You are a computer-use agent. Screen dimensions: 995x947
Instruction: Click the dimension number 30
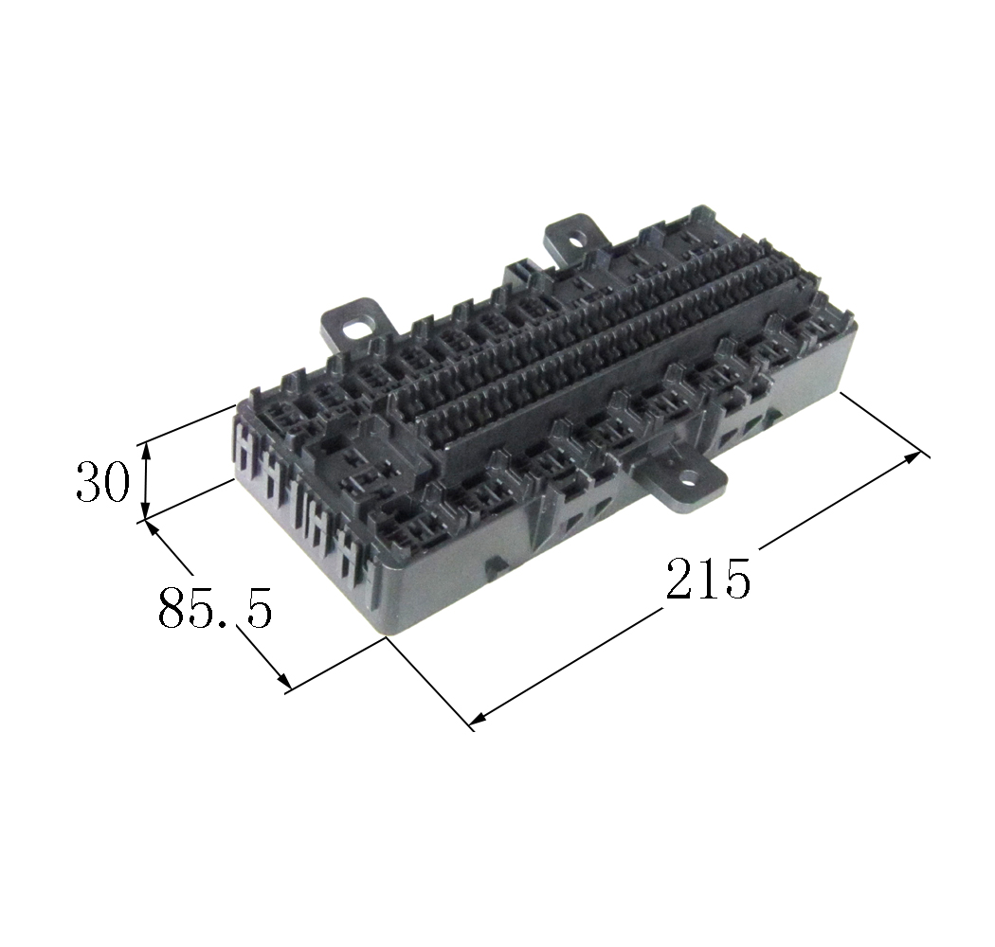(x=102, y=481)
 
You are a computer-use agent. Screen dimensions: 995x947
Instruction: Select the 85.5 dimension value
(x=215, y=607)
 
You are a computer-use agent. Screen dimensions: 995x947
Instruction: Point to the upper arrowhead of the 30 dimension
(x=146, y=450)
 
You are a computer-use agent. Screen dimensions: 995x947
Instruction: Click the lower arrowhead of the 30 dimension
(x=146, y=512)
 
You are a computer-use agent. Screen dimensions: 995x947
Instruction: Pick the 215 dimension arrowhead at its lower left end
(x=478, y=718)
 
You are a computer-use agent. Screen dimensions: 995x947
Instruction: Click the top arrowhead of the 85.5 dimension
(x=153, y=526)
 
